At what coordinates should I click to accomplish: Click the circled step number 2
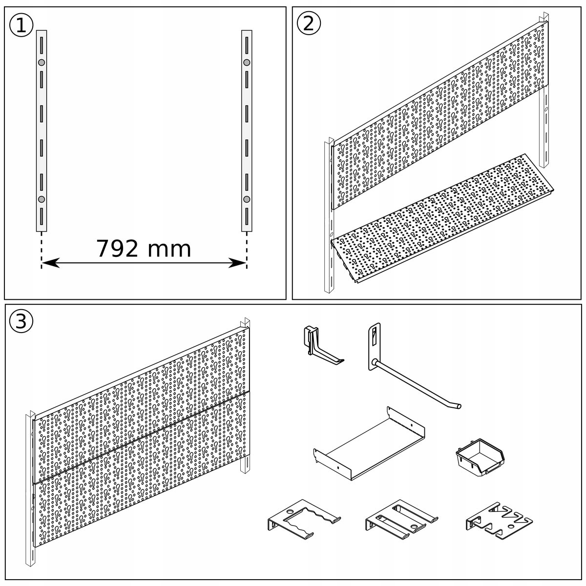click(x=309, y=23)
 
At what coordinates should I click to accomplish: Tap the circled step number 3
click(x=21, y=321)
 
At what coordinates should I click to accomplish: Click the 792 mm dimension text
click(x=144, y=249)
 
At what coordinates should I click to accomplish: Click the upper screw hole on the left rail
click(x=42, y=63)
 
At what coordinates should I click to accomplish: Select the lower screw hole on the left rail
click(x=42, y=199)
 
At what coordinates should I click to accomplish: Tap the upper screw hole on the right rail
click(x=247, y=63)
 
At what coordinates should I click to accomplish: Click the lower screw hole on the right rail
click(x=247, y=199)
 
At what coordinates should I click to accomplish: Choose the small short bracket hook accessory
click(x=320, y=344)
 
